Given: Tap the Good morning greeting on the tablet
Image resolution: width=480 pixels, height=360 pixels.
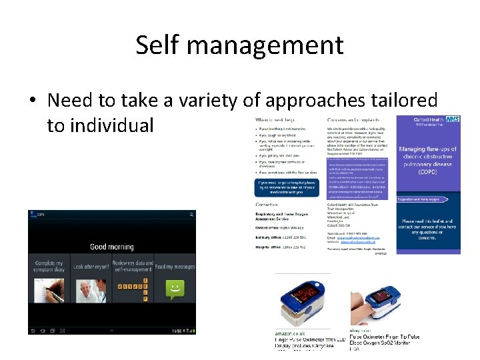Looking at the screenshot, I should tap(112, 247).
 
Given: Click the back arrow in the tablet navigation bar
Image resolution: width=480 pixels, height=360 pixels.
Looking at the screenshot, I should tap(35, 330).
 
